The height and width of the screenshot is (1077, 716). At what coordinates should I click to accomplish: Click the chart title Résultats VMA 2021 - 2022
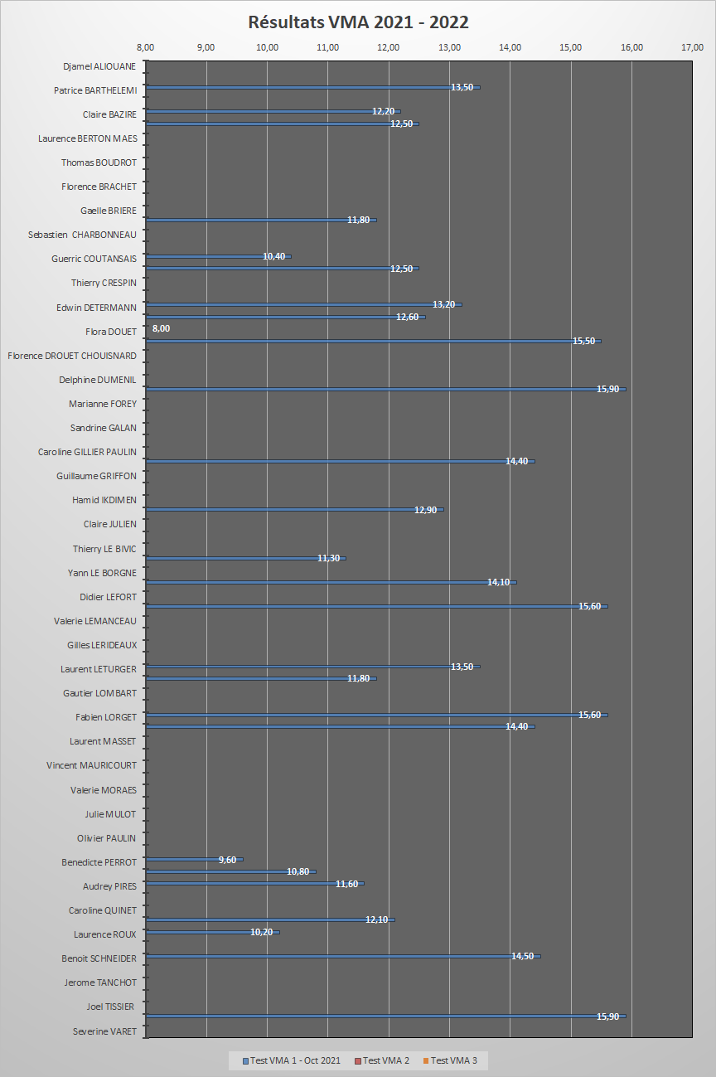click(358, 22)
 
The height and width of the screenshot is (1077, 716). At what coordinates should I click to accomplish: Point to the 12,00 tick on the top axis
click(389, 47)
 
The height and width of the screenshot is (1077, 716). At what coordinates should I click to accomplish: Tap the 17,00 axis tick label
click(693, 47)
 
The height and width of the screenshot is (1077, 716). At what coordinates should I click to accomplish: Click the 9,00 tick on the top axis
click(206, 47)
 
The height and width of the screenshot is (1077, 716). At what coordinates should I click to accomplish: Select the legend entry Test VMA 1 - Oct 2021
click(292, 1060)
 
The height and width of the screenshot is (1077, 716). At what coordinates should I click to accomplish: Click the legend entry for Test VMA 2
click(382, 1060)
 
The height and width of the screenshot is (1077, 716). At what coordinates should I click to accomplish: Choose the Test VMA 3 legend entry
click(450, 1060)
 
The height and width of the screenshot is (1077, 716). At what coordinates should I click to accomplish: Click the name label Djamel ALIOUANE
click(99, 66)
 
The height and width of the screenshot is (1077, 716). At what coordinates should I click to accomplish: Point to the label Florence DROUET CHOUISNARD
click(72, 356)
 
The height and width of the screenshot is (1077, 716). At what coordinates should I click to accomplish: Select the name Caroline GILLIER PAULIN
click(87, 452)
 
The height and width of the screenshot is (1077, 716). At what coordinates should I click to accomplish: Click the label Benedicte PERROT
click(99, 862)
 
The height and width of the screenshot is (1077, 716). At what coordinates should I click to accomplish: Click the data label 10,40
click(273, 256)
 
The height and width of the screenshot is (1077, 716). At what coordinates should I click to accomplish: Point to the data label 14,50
click(522, 956)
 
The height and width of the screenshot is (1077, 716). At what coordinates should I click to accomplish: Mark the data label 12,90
click(425, 509)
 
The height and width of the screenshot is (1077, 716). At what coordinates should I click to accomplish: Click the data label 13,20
click(443, 304)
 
